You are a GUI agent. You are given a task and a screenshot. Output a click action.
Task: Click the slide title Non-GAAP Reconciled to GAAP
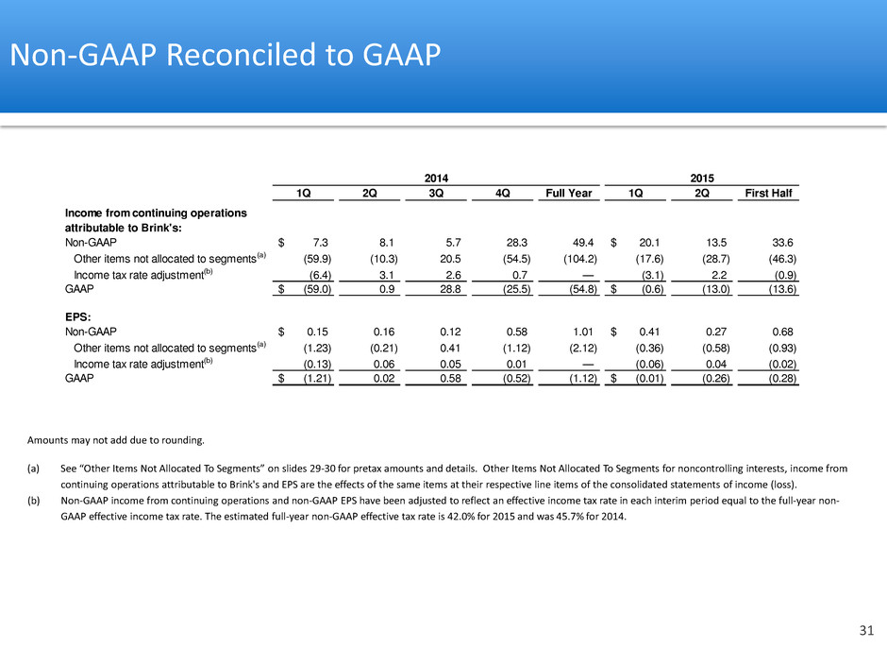tap(226, 55)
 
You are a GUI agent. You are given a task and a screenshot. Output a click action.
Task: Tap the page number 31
tap(866, 630)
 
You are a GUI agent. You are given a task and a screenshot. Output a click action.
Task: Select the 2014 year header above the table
tap(436, 178)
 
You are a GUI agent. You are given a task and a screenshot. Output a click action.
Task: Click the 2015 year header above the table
tap(702, 178)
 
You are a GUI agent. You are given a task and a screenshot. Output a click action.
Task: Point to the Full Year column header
tap(568, 193)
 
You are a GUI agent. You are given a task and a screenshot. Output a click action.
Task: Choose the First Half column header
tap(768, 193)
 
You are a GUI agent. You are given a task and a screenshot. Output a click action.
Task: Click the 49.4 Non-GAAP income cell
tap(582, 243)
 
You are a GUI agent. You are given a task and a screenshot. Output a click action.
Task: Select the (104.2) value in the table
tap(579, 259)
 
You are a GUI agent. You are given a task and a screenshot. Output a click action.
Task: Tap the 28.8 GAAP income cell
tap(450, 289)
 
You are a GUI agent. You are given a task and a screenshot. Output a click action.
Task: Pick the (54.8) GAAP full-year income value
tap(582, 289)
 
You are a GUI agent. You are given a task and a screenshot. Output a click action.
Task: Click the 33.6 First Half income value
tap(782, 243)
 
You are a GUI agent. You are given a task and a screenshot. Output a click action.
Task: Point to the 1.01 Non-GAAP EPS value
tap(582, 332)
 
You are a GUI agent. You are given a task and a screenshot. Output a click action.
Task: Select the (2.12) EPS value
tap(582, 349)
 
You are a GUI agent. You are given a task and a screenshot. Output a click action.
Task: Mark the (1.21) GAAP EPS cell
tap(317, 379)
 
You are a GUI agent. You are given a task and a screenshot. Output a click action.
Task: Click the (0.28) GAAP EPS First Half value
tap(782, 379)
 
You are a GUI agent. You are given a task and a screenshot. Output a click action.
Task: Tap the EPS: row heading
tap(78, 316)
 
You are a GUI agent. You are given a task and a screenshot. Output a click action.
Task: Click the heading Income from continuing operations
tap(156, 213)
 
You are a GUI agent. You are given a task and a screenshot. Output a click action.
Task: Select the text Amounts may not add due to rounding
tap(116, 440)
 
